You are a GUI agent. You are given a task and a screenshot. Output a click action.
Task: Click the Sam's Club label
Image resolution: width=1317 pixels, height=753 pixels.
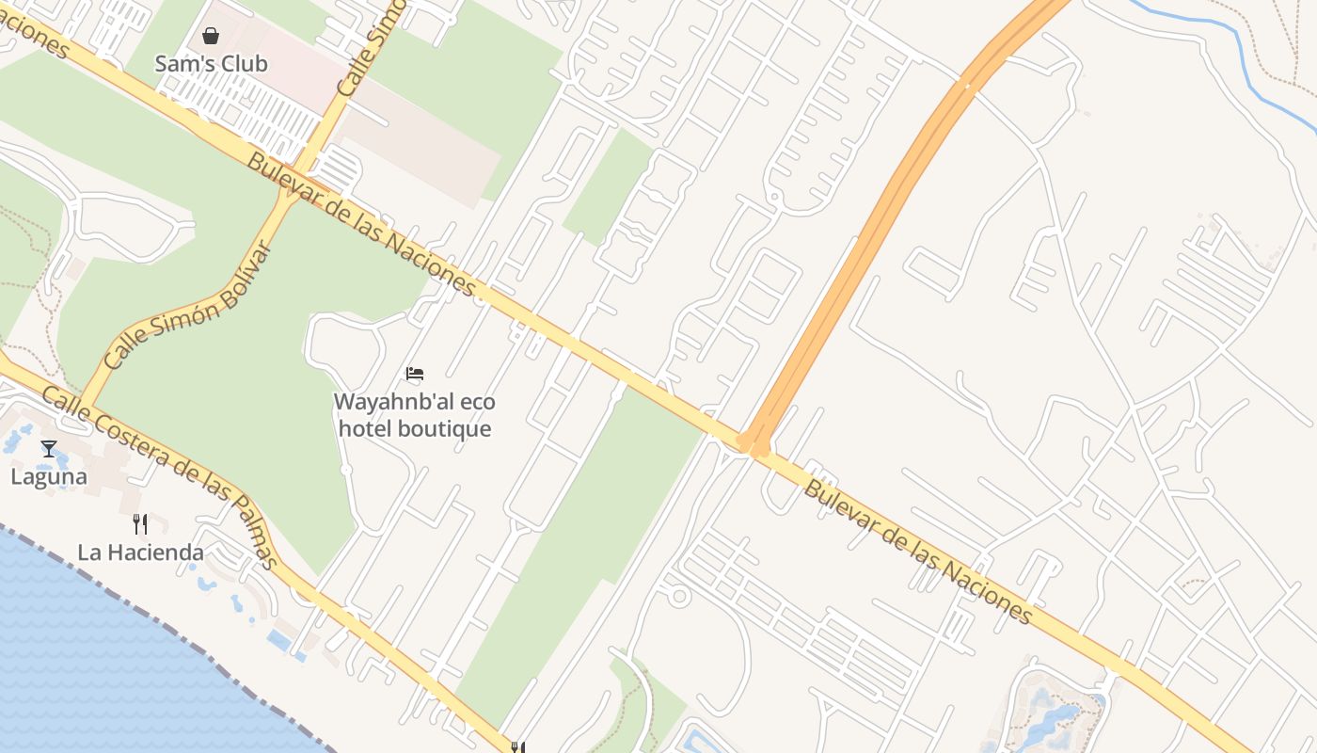[x=211, y=64]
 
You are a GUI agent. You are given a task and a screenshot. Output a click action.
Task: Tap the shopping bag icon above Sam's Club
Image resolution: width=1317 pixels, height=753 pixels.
[x=211, y=36]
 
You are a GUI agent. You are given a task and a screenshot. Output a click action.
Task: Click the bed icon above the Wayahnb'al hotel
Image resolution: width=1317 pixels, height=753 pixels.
[x=415, y=374]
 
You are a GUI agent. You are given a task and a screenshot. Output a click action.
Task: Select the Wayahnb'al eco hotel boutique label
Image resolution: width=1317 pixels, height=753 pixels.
[x=415, y=415]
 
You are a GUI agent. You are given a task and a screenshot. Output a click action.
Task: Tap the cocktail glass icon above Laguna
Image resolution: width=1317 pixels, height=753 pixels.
[x=49, y=449]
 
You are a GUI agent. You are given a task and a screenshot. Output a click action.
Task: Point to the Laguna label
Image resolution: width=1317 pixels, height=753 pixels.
[x=49, y=477]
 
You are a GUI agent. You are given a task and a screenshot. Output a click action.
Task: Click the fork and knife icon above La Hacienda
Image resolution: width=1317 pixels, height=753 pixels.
[x=140, y=524]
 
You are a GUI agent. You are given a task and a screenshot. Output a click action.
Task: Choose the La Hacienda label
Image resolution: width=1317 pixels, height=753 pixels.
[x=140, y=553]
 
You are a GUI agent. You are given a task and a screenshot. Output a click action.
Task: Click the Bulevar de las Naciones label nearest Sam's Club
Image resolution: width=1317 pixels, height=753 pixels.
[x=362, y=225]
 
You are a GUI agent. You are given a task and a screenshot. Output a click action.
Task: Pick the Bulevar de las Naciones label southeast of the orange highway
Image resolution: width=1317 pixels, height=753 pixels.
[x=917, y=551]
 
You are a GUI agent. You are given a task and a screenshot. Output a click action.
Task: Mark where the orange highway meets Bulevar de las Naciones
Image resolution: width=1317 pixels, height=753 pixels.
[x=754, y=442]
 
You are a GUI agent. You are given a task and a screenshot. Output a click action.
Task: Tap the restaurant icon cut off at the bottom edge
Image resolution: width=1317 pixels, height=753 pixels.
[x=516, y=747]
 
